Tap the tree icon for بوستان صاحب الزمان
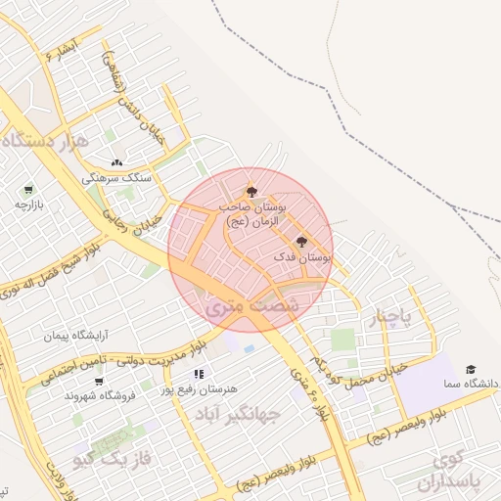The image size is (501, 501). tap(252, 191)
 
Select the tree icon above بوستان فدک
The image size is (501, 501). tap(299, 241)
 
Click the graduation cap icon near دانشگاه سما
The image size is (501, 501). tap(471, 370)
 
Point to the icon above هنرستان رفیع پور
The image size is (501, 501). tap(199, 374)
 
